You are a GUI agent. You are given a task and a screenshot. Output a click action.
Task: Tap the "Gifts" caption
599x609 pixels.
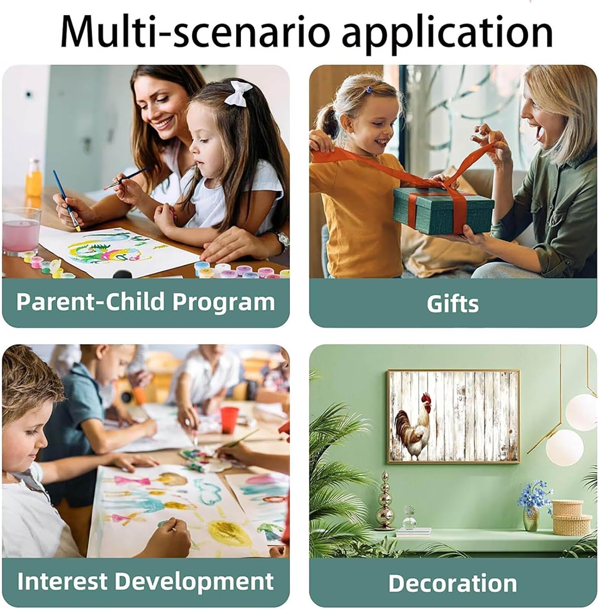tap(453, 304)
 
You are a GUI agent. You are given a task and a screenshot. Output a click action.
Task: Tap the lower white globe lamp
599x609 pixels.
tap(564, 447)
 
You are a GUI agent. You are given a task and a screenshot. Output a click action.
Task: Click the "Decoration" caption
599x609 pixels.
tap(453, 583)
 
